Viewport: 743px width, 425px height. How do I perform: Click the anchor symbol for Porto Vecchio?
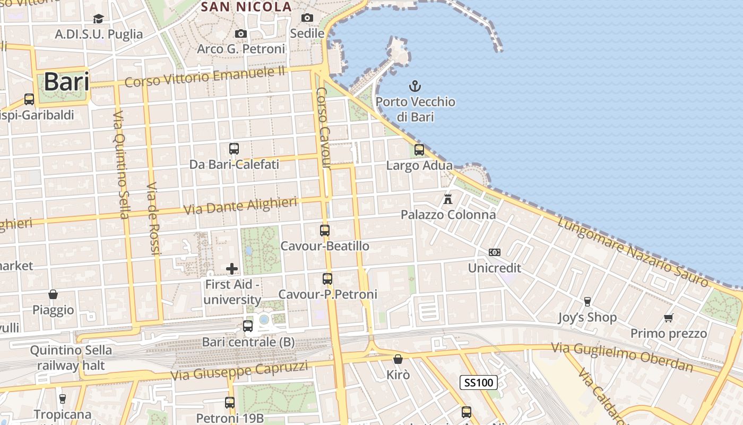coord(414,86)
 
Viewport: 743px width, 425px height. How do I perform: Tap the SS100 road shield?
coord(478,382)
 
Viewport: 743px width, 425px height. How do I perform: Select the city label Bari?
coord(66,82)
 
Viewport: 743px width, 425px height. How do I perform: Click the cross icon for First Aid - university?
coord(232,269)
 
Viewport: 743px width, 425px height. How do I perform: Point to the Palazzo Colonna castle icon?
coord(448,199)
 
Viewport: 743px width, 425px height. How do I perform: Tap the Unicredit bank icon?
coord(494,252)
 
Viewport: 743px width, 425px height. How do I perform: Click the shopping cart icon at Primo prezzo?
coord(669,318)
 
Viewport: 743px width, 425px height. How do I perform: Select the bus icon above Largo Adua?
coord(419,150)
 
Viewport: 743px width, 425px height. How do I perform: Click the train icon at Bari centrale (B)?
coord(248,326)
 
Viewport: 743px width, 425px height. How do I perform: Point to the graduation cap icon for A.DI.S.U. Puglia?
coord(98,19)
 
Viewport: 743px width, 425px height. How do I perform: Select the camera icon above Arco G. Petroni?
coord(241,34)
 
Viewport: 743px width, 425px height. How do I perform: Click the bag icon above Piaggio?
coord(53,294)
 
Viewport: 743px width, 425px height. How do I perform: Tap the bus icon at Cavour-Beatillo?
coord(325,231)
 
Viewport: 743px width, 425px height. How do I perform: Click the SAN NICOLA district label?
coord(247,7)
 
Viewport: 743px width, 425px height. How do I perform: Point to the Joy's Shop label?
coord(587,318)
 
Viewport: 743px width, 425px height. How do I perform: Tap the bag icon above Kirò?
coord(398,360)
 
